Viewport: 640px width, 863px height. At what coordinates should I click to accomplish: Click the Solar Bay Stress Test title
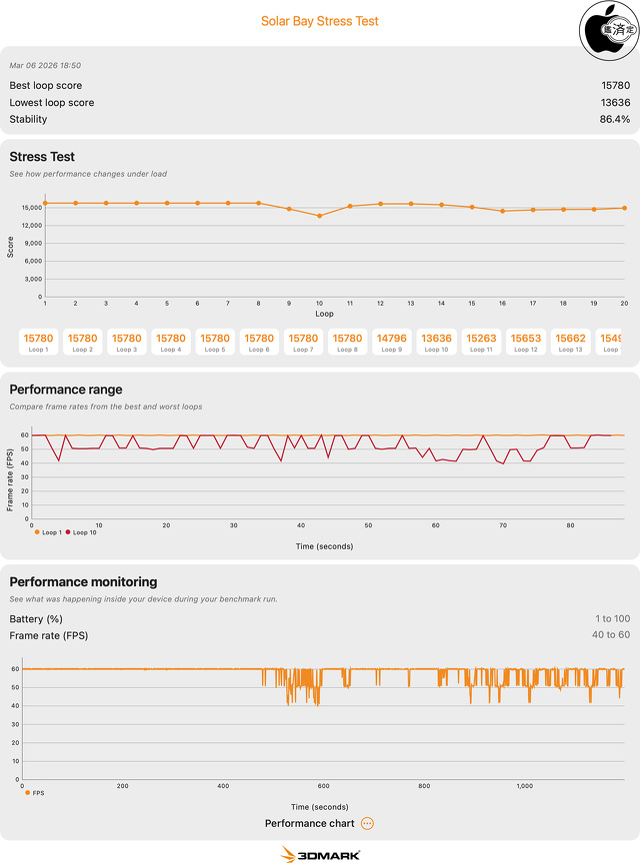pyautogui.click(x=320, y=21)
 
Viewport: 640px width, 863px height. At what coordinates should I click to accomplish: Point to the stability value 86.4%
pyautogui.click(x=614, y=119)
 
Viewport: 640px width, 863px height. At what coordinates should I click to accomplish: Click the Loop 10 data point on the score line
pyautogui.click(x=319, y=216)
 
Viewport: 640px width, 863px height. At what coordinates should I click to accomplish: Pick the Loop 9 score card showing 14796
pyautogui.click(x=391, y=343)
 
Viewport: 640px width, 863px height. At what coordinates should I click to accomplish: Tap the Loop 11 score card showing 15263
pyautogui.click(x=480, y=343)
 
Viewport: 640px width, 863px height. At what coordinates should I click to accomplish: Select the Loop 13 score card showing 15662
pyautogui.click(x=569, y=343)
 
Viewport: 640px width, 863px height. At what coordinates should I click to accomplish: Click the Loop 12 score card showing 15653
pyautogui.click(x=525, y=343)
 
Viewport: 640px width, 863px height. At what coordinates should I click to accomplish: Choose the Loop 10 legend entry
pyautogui.click(x=82, y=532)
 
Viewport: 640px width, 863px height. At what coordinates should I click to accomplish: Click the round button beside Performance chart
pyautogui.click(x=367, y=823)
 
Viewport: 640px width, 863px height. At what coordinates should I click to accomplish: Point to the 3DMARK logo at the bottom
pyautogui.click(x=320, y=854)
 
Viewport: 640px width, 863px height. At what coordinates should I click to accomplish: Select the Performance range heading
pyautogui.click(x=66, y=390)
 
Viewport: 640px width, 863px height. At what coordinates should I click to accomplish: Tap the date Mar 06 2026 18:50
pyautogui.click(x=46, y=65)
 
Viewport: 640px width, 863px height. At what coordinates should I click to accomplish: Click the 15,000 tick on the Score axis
pyautogui.click(x=30, y=208)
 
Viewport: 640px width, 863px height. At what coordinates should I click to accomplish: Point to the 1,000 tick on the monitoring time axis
pyautogui.click(x=525, y=786)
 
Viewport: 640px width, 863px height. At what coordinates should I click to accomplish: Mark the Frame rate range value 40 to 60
pyautogui.click(x=610, y=635)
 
